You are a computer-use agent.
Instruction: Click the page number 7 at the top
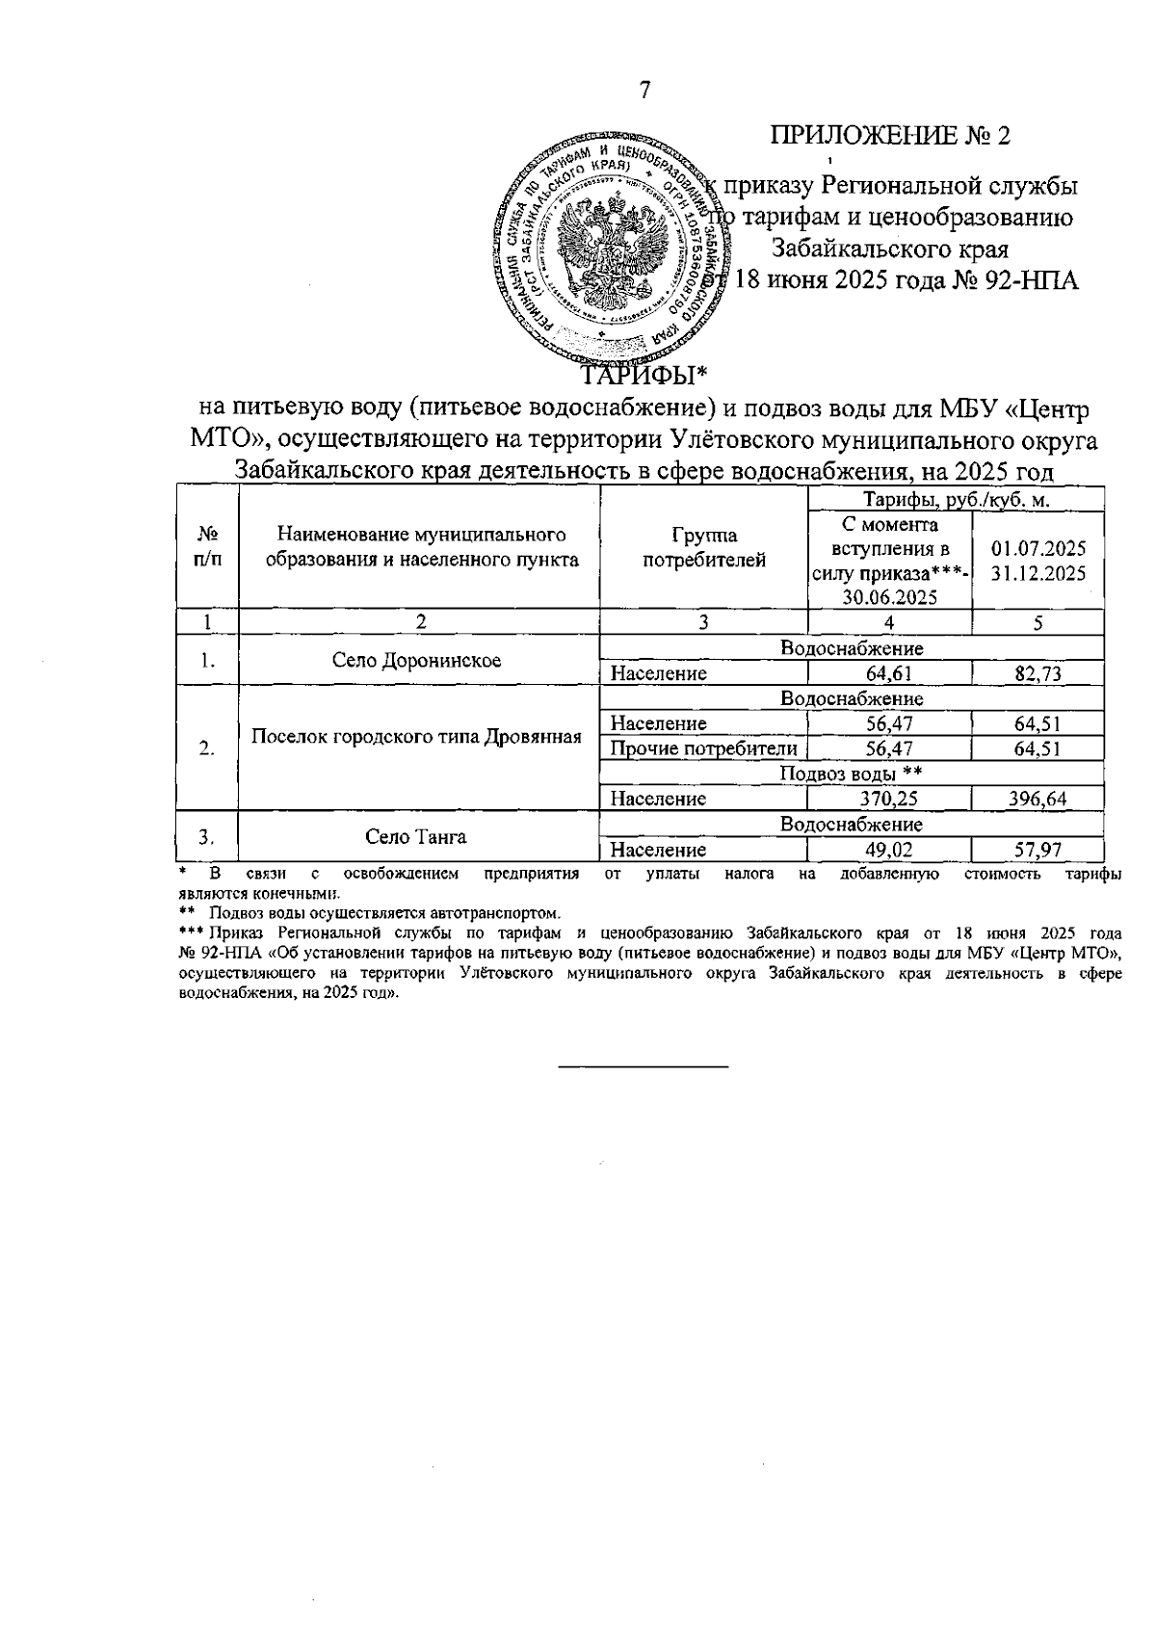pos(645,91)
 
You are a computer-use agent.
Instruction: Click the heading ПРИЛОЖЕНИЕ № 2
pos(890,135)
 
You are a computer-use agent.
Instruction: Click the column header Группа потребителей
pos(704,547)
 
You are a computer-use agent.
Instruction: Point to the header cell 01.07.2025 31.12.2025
pos(1038,560)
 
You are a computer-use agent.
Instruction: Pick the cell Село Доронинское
pos(416,661)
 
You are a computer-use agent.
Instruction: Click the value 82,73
pos(1038,673)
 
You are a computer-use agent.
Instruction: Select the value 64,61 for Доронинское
pos(888,673)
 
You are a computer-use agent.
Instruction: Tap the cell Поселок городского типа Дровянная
pos(416,737)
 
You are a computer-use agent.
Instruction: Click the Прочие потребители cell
pos(704,748)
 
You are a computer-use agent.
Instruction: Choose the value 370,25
pos(888,799)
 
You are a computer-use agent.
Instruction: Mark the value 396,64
pos(1038,799)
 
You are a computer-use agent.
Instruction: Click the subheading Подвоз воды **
pos(851,774)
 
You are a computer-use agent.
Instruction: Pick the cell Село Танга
pos(416,836)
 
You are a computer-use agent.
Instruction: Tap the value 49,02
pos(888,850)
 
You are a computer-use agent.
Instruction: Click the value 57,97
pos(1038,850)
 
